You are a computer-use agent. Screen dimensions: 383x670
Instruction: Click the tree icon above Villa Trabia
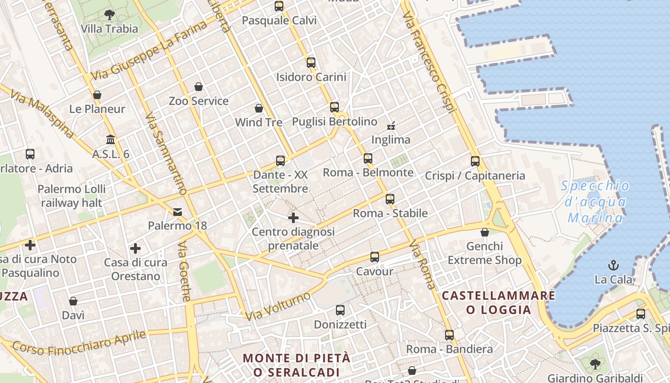(110, 14)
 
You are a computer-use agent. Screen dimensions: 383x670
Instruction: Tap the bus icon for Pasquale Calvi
(279, 6)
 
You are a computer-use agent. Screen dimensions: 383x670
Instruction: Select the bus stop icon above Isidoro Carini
(311, 62)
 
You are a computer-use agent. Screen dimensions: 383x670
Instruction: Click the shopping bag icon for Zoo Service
(199, 87)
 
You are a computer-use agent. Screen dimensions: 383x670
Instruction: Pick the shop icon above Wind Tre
(259, 108)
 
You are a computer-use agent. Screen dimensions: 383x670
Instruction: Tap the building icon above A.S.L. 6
(111, 140)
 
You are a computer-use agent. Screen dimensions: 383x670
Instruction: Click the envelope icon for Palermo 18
(178, 212)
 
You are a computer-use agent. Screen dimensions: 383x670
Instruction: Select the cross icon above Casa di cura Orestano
(135, 248)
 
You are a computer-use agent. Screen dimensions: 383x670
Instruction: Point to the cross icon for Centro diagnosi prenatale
(293, 218)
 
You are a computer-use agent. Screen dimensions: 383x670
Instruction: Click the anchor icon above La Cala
(613, 265)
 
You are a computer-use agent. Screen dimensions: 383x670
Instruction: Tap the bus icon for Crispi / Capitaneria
(475, 161)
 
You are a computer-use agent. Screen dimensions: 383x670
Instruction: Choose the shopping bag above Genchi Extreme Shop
(485, 232)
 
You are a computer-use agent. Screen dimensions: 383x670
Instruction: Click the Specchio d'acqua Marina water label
(595, 202)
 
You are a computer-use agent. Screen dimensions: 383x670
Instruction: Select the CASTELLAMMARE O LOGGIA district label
(499, 303)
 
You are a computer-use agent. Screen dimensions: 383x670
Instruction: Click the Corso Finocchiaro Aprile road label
(79, 342)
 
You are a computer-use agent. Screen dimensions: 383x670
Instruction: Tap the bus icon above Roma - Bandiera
(449, 335)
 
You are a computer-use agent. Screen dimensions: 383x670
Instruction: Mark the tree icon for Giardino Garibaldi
(595, 364)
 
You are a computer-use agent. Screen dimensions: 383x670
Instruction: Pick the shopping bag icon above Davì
(73, 301)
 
